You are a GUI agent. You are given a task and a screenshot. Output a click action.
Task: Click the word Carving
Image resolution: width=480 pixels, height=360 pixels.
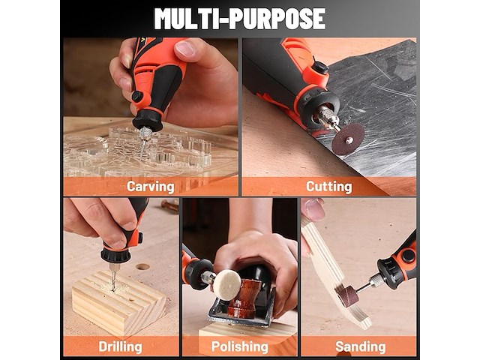coord(150,186)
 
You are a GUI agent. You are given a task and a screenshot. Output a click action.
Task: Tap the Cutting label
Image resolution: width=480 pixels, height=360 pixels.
coord(328,186)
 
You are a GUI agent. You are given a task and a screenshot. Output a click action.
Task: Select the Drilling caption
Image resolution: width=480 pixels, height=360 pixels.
coord(120,346)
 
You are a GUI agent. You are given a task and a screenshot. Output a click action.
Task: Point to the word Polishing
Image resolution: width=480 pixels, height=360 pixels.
coord(239,346)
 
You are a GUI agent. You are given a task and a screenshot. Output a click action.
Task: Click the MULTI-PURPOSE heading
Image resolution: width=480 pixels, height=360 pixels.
coord(239,18)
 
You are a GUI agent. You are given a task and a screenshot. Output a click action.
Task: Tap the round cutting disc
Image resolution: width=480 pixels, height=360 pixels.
coord(347,139)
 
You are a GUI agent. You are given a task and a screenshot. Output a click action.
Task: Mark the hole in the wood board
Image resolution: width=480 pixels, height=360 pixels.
coord(142,266)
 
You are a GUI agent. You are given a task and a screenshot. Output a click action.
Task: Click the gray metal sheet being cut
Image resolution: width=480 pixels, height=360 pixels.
coord(375,97)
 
